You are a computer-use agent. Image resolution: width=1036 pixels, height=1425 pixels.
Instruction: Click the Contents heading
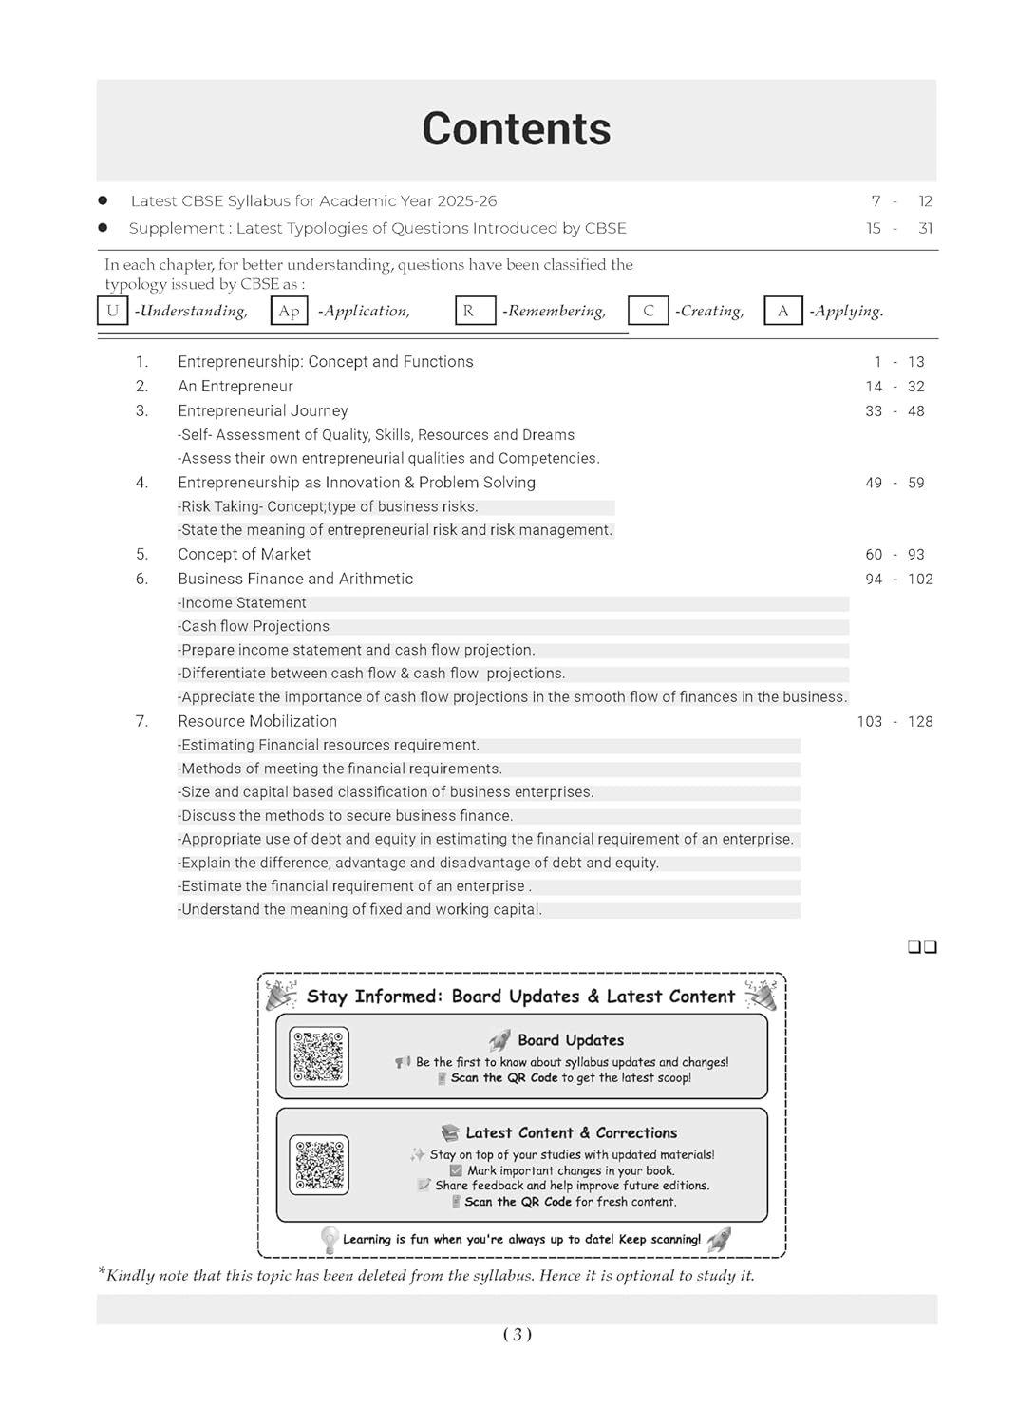[x=516, y=129]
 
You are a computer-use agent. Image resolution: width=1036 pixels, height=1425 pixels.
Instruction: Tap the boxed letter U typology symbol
[x=112, y=311]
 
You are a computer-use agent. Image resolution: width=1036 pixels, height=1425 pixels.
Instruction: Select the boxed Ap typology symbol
[x=289, y=311]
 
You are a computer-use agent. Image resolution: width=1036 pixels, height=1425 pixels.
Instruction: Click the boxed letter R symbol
[x=475, y=311]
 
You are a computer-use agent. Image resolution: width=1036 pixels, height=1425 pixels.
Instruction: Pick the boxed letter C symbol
[x=649, y=311]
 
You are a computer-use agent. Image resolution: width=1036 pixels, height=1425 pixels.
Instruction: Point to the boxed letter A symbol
[x=783, y=311]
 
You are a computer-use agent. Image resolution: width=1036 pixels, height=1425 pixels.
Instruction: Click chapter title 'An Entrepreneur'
[x=235, y=387]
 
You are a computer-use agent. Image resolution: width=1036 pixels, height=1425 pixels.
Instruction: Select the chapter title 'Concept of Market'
[x=244, y=555]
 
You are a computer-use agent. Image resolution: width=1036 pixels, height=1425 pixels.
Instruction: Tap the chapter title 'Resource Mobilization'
[x=257, y=722]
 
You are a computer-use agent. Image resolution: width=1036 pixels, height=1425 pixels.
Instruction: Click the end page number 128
[x=920, y=722]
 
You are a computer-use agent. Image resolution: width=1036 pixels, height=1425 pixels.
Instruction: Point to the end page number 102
[x=920, y=579]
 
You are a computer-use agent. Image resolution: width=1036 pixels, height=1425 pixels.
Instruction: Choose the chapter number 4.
[x=141, y=483]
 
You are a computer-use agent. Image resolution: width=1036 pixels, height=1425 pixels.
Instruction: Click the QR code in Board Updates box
[x=319, y=1056]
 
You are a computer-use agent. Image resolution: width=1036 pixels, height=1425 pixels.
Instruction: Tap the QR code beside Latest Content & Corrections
[x=319, y=1165]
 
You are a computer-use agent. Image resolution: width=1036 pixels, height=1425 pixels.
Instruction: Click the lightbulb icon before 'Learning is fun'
[x=330, y=1239]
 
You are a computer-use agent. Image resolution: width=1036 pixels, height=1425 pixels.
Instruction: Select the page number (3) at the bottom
[x=517, y=1335]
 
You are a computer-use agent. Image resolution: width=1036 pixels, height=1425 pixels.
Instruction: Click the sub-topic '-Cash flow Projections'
[x=254, y=627]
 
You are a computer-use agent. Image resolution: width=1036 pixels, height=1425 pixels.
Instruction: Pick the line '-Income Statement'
[x=243, y=603]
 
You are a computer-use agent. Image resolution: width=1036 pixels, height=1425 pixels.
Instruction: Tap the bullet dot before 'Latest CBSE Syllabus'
[x=103, y=200]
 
